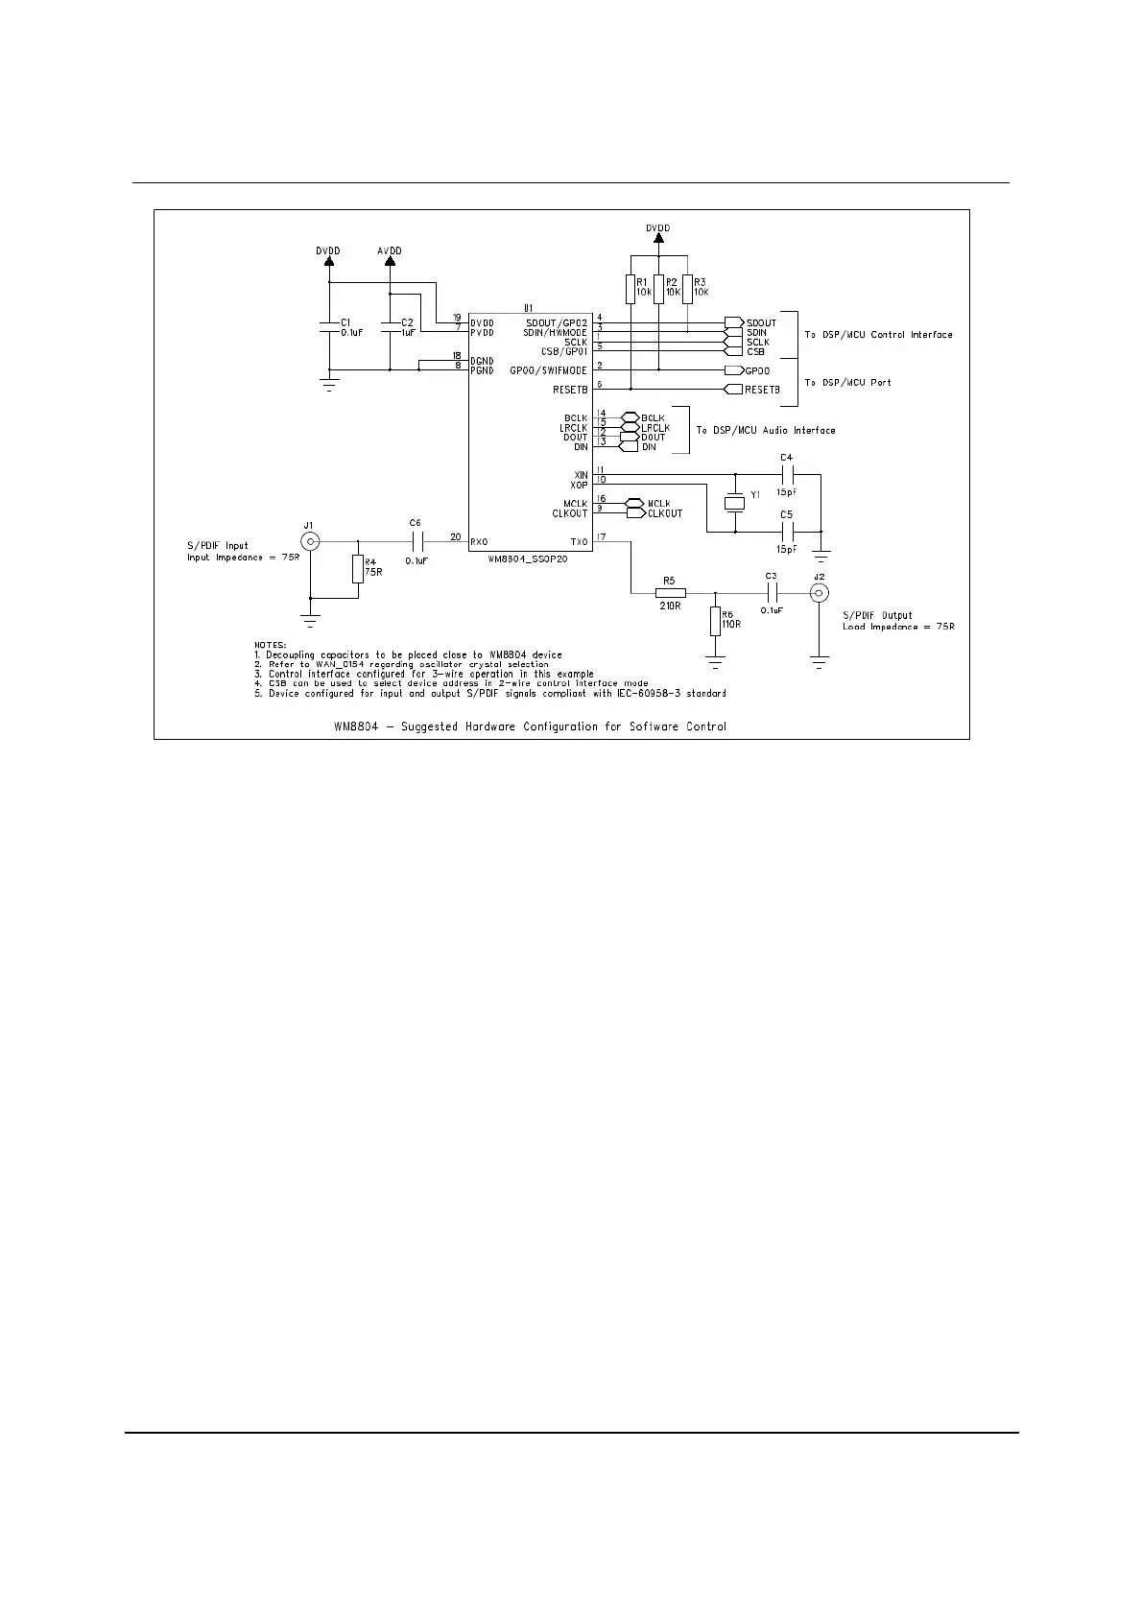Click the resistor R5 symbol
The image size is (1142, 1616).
671,592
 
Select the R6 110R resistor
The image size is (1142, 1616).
715,621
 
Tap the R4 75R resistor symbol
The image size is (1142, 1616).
358,569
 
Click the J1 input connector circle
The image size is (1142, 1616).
309,541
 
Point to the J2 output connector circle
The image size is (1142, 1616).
819,592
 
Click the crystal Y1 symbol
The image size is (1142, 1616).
734,503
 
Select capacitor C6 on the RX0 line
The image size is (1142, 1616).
416,541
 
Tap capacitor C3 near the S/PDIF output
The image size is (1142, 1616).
770,592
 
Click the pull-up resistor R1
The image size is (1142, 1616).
630,289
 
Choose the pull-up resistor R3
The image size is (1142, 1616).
688,289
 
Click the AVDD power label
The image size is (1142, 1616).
390,251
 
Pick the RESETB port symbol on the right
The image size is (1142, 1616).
732,390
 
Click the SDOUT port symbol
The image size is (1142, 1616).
734,322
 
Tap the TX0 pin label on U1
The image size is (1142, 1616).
578,542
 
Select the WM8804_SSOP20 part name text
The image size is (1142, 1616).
527,558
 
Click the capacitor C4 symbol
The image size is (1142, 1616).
787,474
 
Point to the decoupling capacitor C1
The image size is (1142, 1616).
329,327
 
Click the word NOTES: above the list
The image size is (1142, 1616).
270,645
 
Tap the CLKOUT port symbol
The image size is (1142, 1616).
635,513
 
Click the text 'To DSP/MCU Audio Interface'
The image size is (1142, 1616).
766,431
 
